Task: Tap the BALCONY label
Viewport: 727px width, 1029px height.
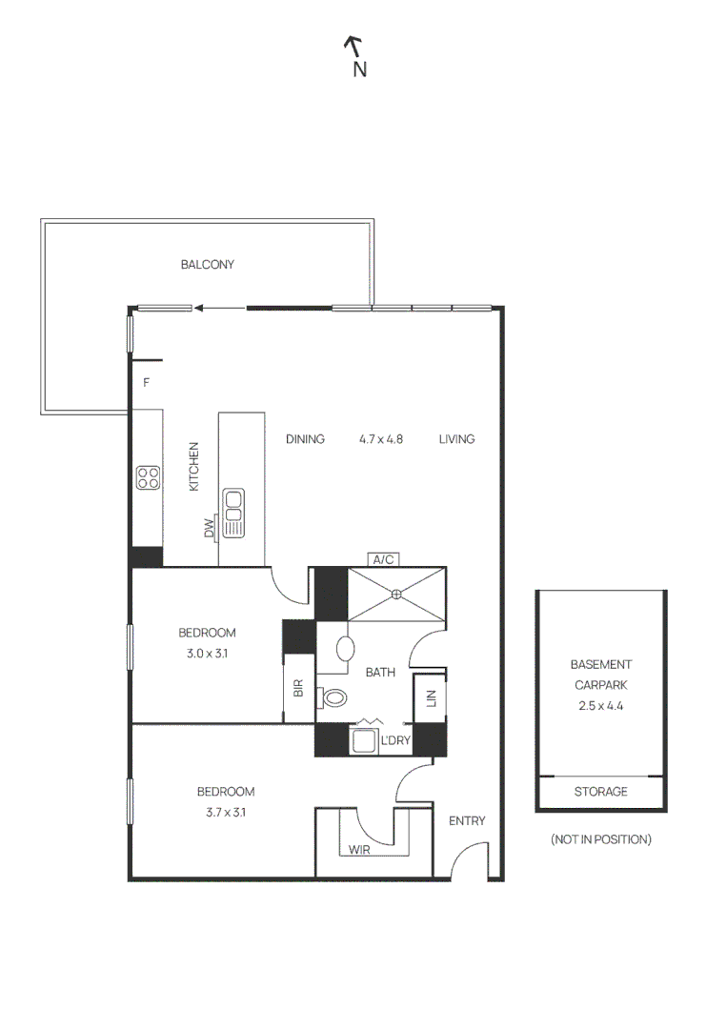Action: coord(208,265)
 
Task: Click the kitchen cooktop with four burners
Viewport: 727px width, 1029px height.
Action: coord(148,477)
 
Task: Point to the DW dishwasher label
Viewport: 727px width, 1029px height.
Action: coord(209,529)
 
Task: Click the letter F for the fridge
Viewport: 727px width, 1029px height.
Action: coord(147,384)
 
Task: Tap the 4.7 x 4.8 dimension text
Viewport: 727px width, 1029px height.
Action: coord(381,439)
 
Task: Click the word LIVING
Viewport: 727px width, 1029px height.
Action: coord(457,439)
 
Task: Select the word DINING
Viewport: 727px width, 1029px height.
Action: coord(306,439)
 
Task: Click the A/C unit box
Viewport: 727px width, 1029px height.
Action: coord(383,560)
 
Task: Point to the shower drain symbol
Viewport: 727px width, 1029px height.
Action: coord(396,595)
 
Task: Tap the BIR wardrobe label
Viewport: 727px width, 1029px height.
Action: coord(297,688)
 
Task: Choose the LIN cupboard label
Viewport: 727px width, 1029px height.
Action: coord(431,698)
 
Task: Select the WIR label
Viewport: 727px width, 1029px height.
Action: coord(360,849)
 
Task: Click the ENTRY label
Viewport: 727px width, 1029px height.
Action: coord(467,821)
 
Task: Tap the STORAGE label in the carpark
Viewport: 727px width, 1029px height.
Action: coord(601,792)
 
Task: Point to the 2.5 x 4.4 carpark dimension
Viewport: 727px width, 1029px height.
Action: coord(601,706)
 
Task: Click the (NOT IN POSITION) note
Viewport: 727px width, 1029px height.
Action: coord(601,839)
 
